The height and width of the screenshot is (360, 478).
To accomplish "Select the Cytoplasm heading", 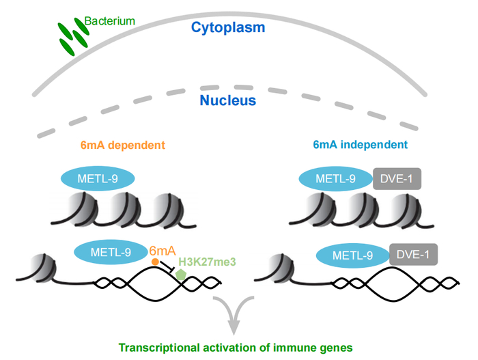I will point(228,29).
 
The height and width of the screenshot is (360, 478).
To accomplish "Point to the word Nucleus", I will point(227,100).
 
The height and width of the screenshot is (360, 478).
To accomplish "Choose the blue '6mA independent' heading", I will point(361,145).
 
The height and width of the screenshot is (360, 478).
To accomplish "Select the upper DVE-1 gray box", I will point(396,180).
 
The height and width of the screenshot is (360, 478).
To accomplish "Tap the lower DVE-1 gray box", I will point(413,255).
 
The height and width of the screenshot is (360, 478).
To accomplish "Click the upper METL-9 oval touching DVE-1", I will point(335,180).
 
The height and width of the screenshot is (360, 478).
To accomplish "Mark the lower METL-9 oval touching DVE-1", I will point(352,255).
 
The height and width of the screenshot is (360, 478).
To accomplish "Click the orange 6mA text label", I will point(164,251).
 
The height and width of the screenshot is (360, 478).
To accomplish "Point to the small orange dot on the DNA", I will point(155,262).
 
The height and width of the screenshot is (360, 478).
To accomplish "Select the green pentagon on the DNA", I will point(181,274).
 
